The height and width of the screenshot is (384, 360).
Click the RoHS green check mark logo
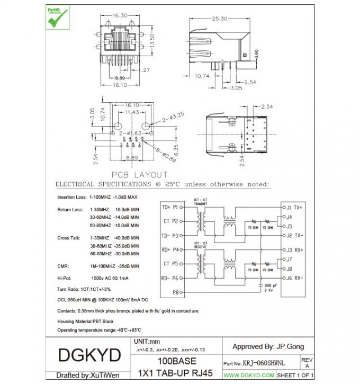(x=57, y=17)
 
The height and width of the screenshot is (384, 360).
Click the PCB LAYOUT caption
(x=139, y=174)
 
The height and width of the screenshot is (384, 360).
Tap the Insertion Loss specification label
(x=72, y=197)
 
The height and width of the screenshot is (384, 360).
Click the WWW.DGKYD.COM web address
(x=249, y=375)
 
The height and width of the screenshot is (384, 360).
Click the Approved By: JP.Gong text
(x=268, y=346)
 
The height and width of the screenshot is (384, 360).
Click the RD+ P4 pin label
(x=170, y=249)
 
